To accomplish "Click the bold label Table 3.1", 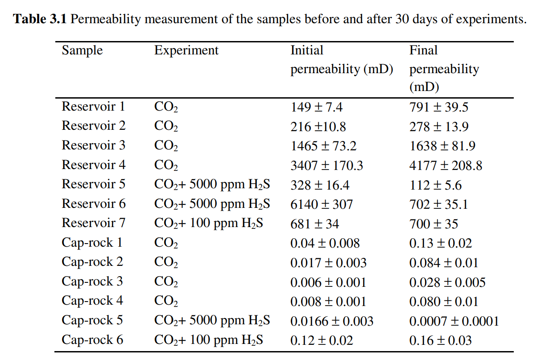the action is [40, 19].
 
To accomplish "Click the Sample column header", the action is [82, 51].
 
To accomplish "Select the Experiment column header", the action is [186, 51].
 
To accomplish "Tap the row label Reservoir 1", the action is [93, 106].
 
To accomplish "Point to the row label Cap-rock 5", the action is [92, 320].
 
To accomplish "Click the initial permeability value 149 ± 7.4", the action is [317, 107].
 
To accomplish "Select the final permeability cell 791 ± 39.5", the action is [439, 107].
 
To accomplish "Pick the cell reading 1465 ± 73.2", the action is [323, 146].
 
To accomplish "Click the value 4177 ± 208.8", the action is [446, 166].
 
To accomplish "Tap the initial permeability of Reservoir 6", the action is [322, 204].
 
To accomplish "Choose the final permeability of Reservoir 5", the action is [435, 185].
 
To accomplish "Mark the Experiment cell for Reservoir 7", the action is [209, 223].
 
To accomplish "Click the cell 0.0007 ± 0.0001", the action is [454, 321].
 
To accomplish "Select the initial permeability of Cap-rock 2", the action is [328, 263].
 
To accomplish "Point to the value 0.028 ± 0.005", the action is [447, 282].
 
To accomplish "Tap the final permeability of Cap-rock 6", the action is [440, 340].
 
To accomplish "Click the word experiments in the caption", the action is [491, 20].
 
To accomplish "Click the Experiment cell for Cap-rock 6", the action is [209, 340].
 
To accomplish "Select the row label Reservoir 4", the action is [93, 165].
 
